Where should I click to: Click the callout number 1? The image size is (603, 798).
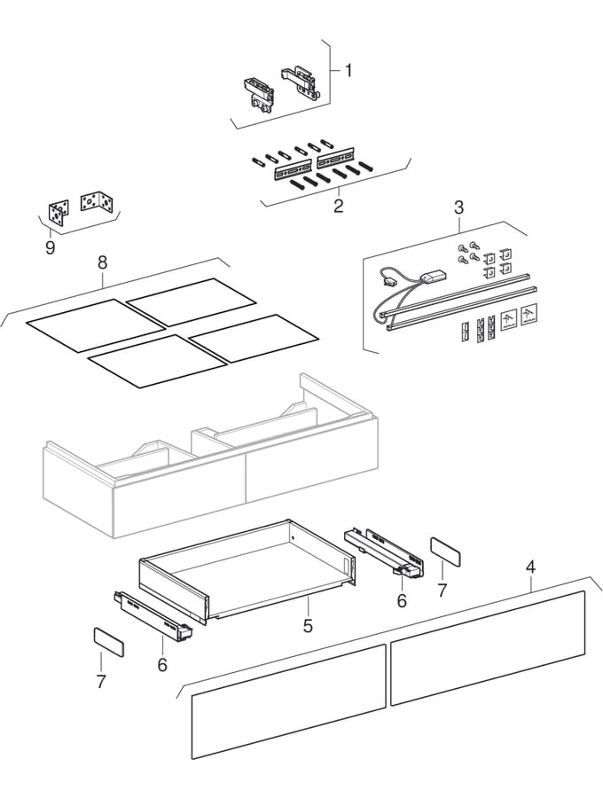click(348, 70)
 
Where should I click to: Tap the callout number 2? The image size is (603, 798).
click(338, 206)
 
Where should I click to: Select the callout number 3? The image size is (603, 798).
click(458, 207)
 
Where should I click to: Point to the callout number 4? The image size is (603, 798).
click(530, 565)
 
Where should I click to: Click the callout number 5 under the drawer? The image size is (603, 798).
click(308, 625)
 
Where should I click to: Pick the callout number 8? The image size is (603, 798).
click(102, 262)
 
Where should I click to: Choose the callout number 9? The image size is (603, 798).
click(50, 247)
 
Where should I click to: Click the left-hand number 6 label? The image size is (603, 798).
click(162, 663)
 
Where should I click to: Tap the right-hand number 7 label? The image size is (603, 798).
click(442, 590)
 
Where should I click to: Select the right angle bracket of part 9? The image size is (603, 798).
click(98, 204)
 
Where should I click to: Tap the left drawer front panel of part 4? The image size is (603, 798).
click(288, 701)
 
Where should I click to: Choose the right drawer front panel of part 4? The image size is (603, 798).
click(488, 647)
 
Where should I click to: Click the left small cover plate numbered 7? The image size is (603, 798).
click(109, 641)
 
